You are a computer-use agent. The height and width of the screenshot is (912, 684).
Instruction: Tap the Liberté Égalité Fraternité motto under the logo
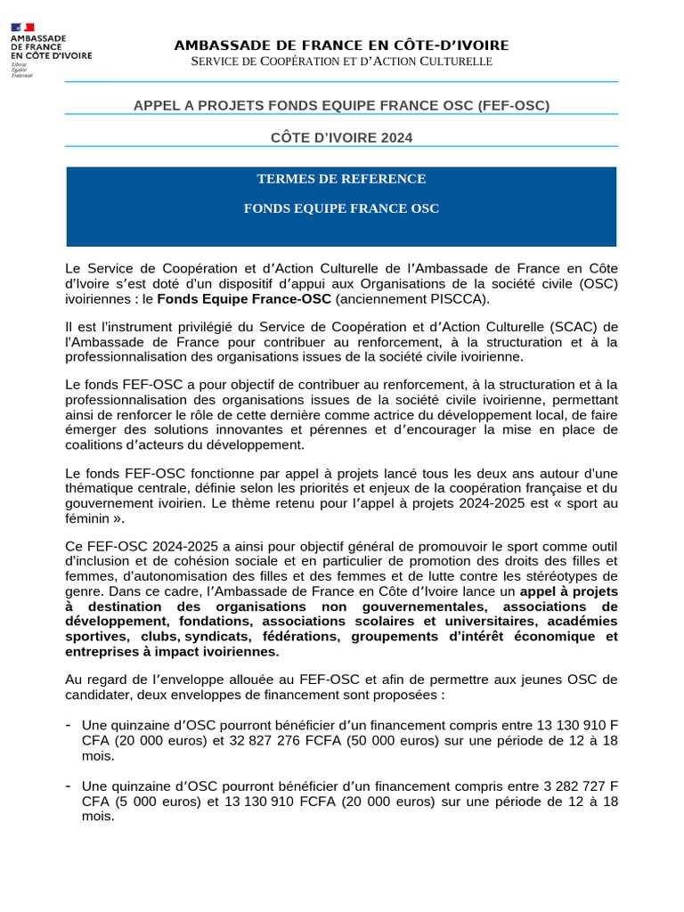21,71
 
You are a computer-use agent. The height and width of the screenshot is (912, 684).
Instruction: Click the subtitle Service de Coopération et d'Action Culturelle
342,61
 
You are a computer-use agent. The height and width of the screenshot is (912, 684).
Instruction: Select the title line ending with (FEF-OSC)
342,105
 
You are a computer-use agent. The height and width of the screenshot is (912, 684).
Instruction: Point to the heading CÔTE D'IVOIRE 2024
342,137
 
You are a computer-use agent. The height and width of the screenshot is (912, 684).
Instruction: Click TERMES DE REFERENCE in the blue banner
342,179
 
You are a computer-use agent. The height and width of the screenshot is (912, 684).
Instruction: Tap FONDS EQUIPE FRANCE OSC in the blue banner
342,208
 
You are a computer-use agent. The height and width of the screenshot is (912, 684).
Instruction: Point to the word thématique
101,488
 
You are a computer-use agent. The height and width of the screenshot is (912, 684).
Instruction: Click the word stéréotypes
558,575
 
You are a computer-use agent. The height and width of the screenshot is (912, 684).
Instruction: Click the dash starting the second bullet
69,786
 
